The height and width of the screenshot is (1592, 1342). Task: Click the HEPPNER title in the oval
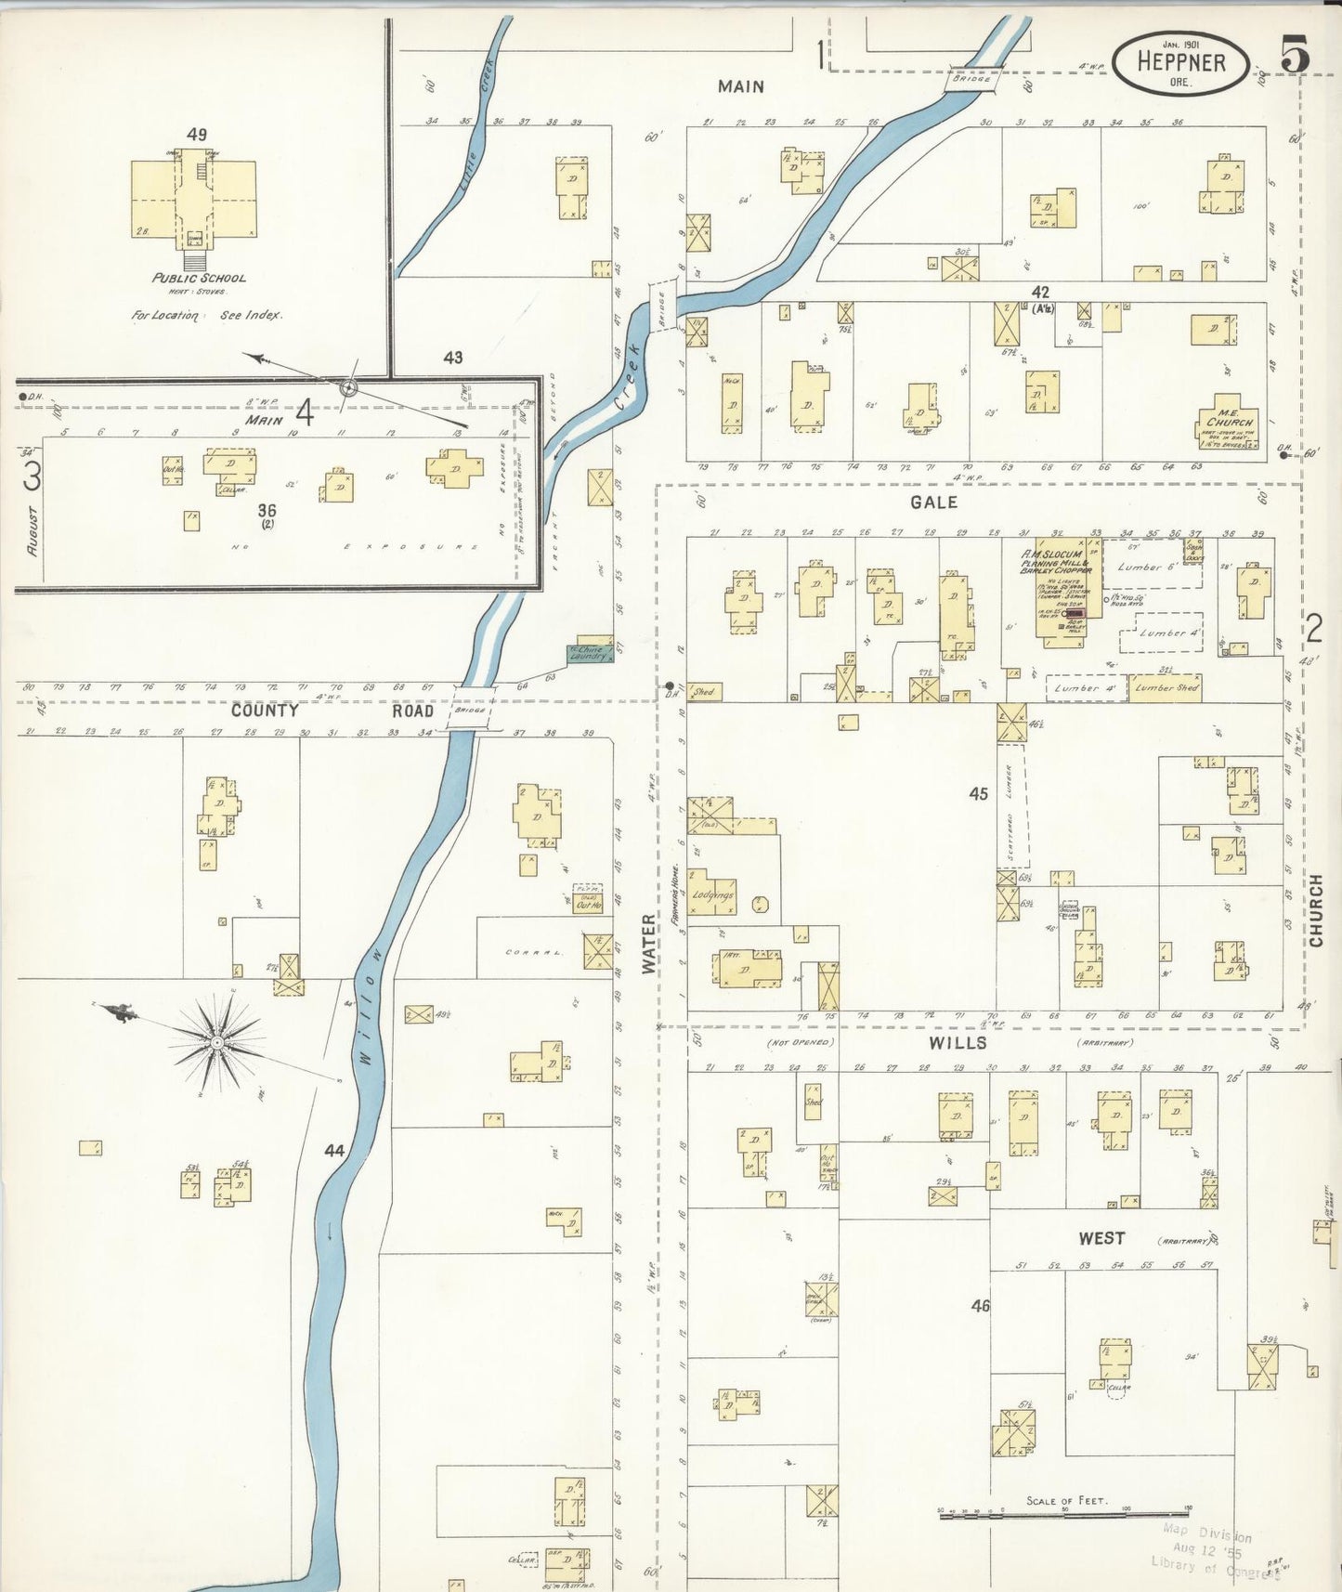pyautogui.click(x=1180, y=62)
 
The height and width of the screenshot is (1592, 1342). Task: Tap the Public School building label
pyautogui.click(x=199, y=278)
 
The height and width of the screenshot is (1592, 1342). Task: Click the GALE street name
pyautogui.click(x=933, y=502)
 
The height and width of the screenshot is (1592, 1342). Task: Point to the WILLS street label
pyautogui.click(x=958, y=1043)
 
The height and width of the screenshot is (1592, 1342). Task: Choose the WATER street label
pyautogui.click(x=648, y=945)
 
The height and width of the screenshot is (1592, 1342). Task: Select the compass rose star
pyautogui.click(x=216, y=1042)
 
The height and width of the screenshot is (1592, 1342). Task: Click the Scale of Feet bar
pyautogui.click(x=1064, y=1514)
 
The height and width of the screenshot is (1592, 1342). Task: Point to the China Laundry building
pyautogui.click(x=589, y=653)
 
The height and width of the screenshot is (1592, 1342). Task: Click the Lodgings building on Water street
pyautogui.click(x=712, y=894)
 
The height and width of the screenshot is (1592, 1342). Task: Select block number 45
pyautogui.click(x=978, y=793)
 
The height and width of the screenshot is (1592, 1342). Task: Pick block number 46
pyautogui.click(x=980, y=1305)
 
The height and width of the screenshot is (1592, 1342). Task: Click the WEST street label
pyautogui.click(x=1101, y=1238)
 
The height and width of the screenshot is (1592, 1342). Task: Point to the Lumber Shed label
pyautogui.click(x=1166, y=687)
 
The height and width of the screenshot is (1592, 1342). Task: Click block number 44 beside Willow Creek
pyautogui.click(x=334, y=1150)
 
